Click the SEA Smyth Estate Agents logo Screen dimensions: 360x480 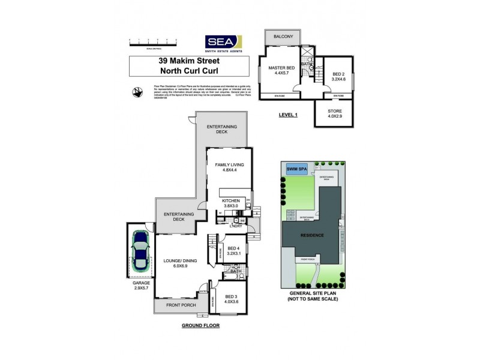coord(223,42)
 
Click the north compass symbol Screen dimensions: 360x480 coord(138,92)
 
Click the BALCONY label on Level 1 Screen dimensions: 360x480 coord(283,37)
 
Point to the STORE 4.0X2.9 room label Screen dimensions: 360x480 coord(335,114)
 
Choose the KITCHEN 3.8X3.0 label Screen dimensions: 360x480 coord(230,203)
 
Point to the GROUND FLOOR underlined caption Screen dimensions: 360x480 coord(200,326)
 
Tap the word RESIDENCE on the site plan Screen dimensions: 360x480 coord(312,235)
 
